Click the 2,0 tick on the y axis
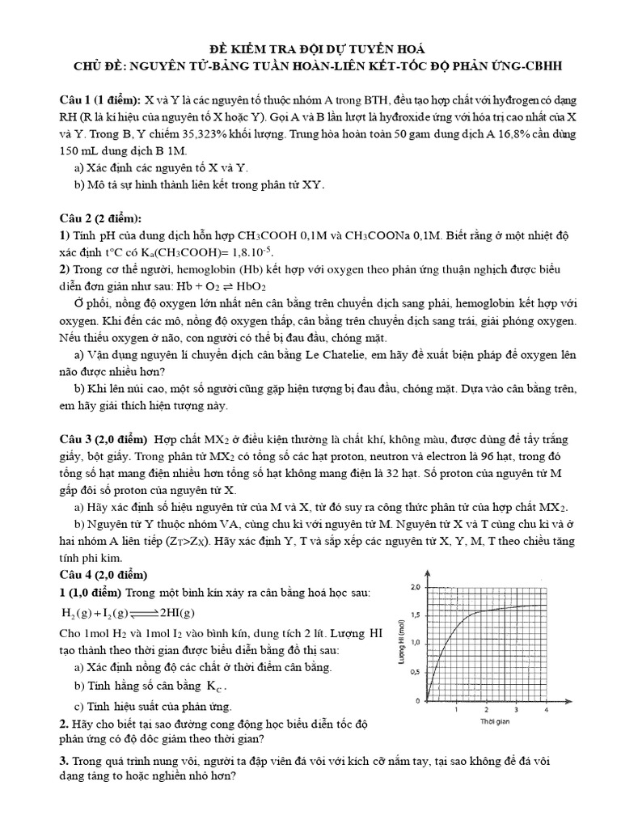pyautogui.click(x=415, y=586)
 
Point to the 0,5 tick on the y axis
pyautogui.click(x=415, y=671)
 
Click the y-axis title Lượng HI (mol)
pyautogui.click(x=400, y=642)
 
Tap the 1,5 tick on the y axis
pyautogui.click(x=415, y=615)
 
